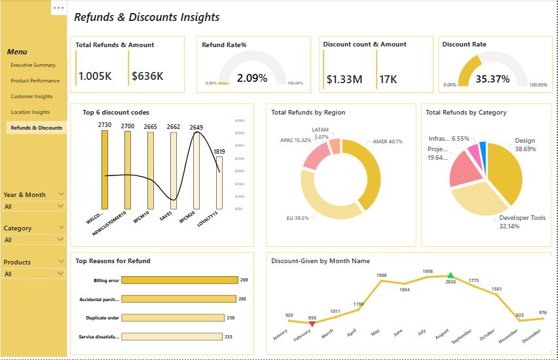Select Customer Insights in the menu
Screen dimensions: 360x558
pyautogui.click(x=31, y=96)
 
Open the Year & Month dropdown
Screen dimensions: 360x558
pyautogui.click(x=34, y=206)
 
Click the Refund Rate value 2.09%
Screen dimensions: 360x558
pyautogui.click(x=252, y=79)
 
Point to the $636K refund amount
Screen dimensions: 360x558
pyautogui.click(x=147, y=77)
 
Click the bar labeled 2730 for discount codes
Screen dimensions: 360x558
pyautogui.click(x=105, y=170)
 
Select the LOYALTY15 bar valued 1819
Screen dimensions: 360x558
pyautogui.click(x=219, y=183)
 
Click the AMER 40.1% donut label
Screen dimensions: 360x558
pyautogui.click(x=388, y=141)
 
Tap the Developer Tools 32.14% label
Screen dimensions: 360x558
pyautogui.click(x=522, y=222)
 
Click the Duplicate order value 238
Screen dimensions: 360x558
pyautogui.click(x=231, y=318)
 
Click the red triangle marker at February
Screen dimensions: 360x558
pyautogui.click(x=312, y=323)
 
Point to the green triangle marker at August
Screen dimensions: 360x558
pyautogui.click(x=450, y=276)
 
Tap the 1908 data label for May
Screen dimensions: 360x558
pyautogui.click(x=381, y=275)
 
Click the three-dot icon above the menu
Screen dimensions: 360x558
pyautogui.click(x=59, y=8)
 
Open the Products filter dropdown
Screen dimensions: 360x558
pyautogui.click(x=34, y=274)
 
